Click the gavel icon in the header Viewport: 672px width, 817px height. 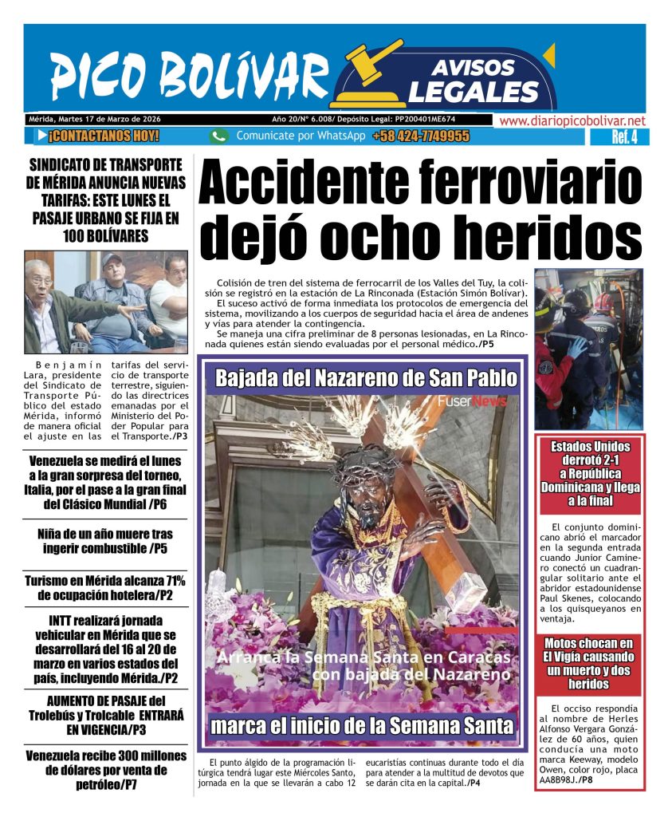pos(376,61)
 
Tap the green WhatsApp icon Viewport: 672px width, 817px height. pos(219,136)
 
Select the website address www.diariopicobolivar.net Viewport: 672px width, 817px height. pos(572,120)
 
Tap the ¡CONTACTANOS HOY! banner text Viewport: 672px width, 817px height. pos(103,136)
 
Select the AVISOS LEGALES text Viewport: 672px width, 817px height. pos(473,81)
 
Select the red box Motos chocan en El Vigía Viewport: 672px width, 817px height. pos(588,664)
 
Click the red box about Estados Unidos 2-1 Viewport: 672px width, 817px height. pos(589,473)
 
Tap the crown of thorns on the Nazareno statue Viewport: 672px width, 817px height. pos(366,462)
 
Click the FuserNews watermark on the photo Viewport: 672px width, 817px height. pos(471,401)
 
